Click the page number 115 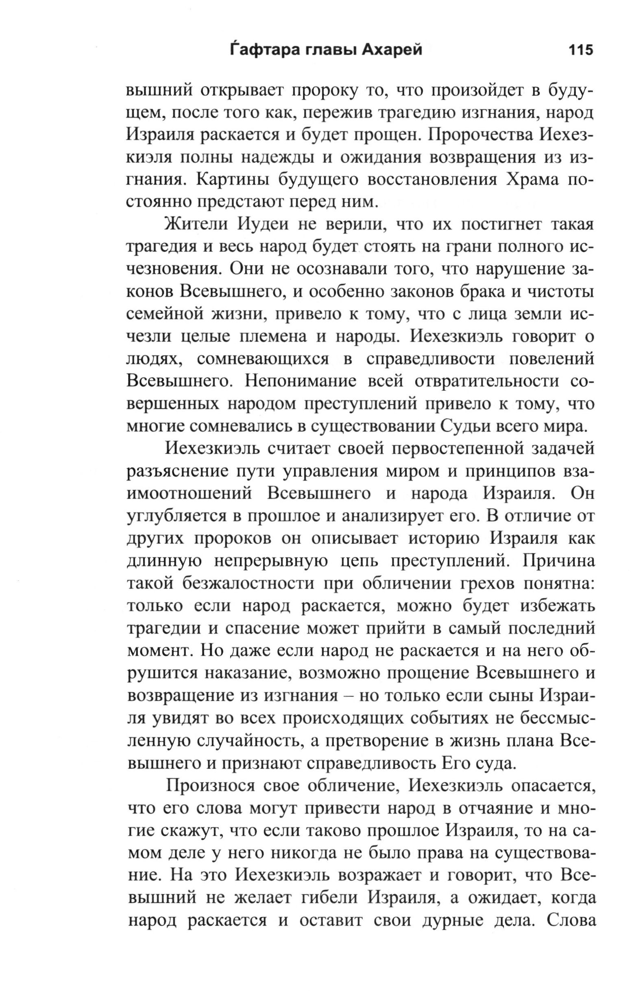580,50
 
